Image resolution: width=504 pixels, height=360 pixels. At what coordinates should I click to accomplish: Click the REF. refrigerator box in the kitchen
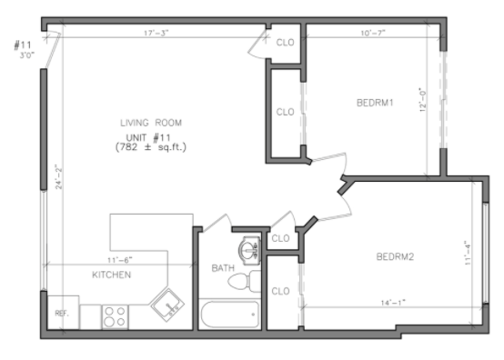(64, 312)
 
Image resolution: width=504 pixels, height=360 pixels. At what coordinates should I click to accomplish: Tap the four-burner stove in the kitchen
(115, 316)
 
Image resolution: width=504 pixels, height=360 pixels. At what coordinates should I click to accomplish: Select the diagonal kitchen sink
(167, 305)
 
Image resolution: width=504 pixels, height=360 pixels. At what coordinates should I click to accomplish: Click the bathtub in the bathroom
(230, 314)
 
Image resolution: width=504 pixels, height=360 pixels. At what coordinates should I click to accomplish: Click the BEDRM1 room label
(375, 103)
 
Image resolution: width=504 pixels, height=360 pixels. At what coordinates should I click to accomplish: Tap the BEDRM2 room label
(395, 256)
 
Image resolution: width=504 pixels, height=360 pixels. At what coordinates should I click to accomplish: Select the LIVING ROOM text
(151, 123)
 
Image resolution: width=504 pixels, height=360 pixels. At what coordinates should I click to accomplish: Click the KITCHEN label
(112, 275)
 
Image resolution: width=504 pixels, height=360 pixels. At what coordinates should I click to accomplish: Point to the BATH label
(223, 268)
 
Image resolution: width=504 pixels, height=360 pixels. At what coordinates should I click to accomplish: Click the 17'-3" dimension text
(156, 33)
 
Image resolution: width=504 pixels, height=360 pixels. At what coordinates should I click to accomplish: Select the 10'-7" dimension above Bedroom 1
(373, 33)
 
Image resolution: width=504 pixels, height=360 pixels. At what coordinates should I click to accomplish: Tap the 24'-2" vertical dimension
(58, 177)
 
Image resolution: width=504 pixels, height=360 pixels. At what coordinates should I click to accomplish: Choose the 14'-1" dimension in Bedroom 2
(393, 303)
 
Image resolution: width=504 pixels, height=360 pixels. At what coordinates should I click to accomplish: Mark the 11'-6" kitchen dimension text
(119, 260)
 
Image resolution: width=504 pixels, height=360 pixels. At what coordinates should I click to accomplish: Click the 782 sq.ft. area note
(151, 147)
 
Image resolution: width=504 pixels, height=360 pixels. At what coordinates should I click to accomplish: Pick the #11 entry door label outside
(23, 45)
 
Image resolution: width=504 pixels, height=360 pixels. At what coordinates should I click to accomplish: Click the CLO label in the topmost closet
(285, 43)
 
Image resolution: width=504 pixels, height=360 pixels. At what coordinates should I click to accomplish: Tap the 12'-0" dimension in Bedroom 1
(423, 100)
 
